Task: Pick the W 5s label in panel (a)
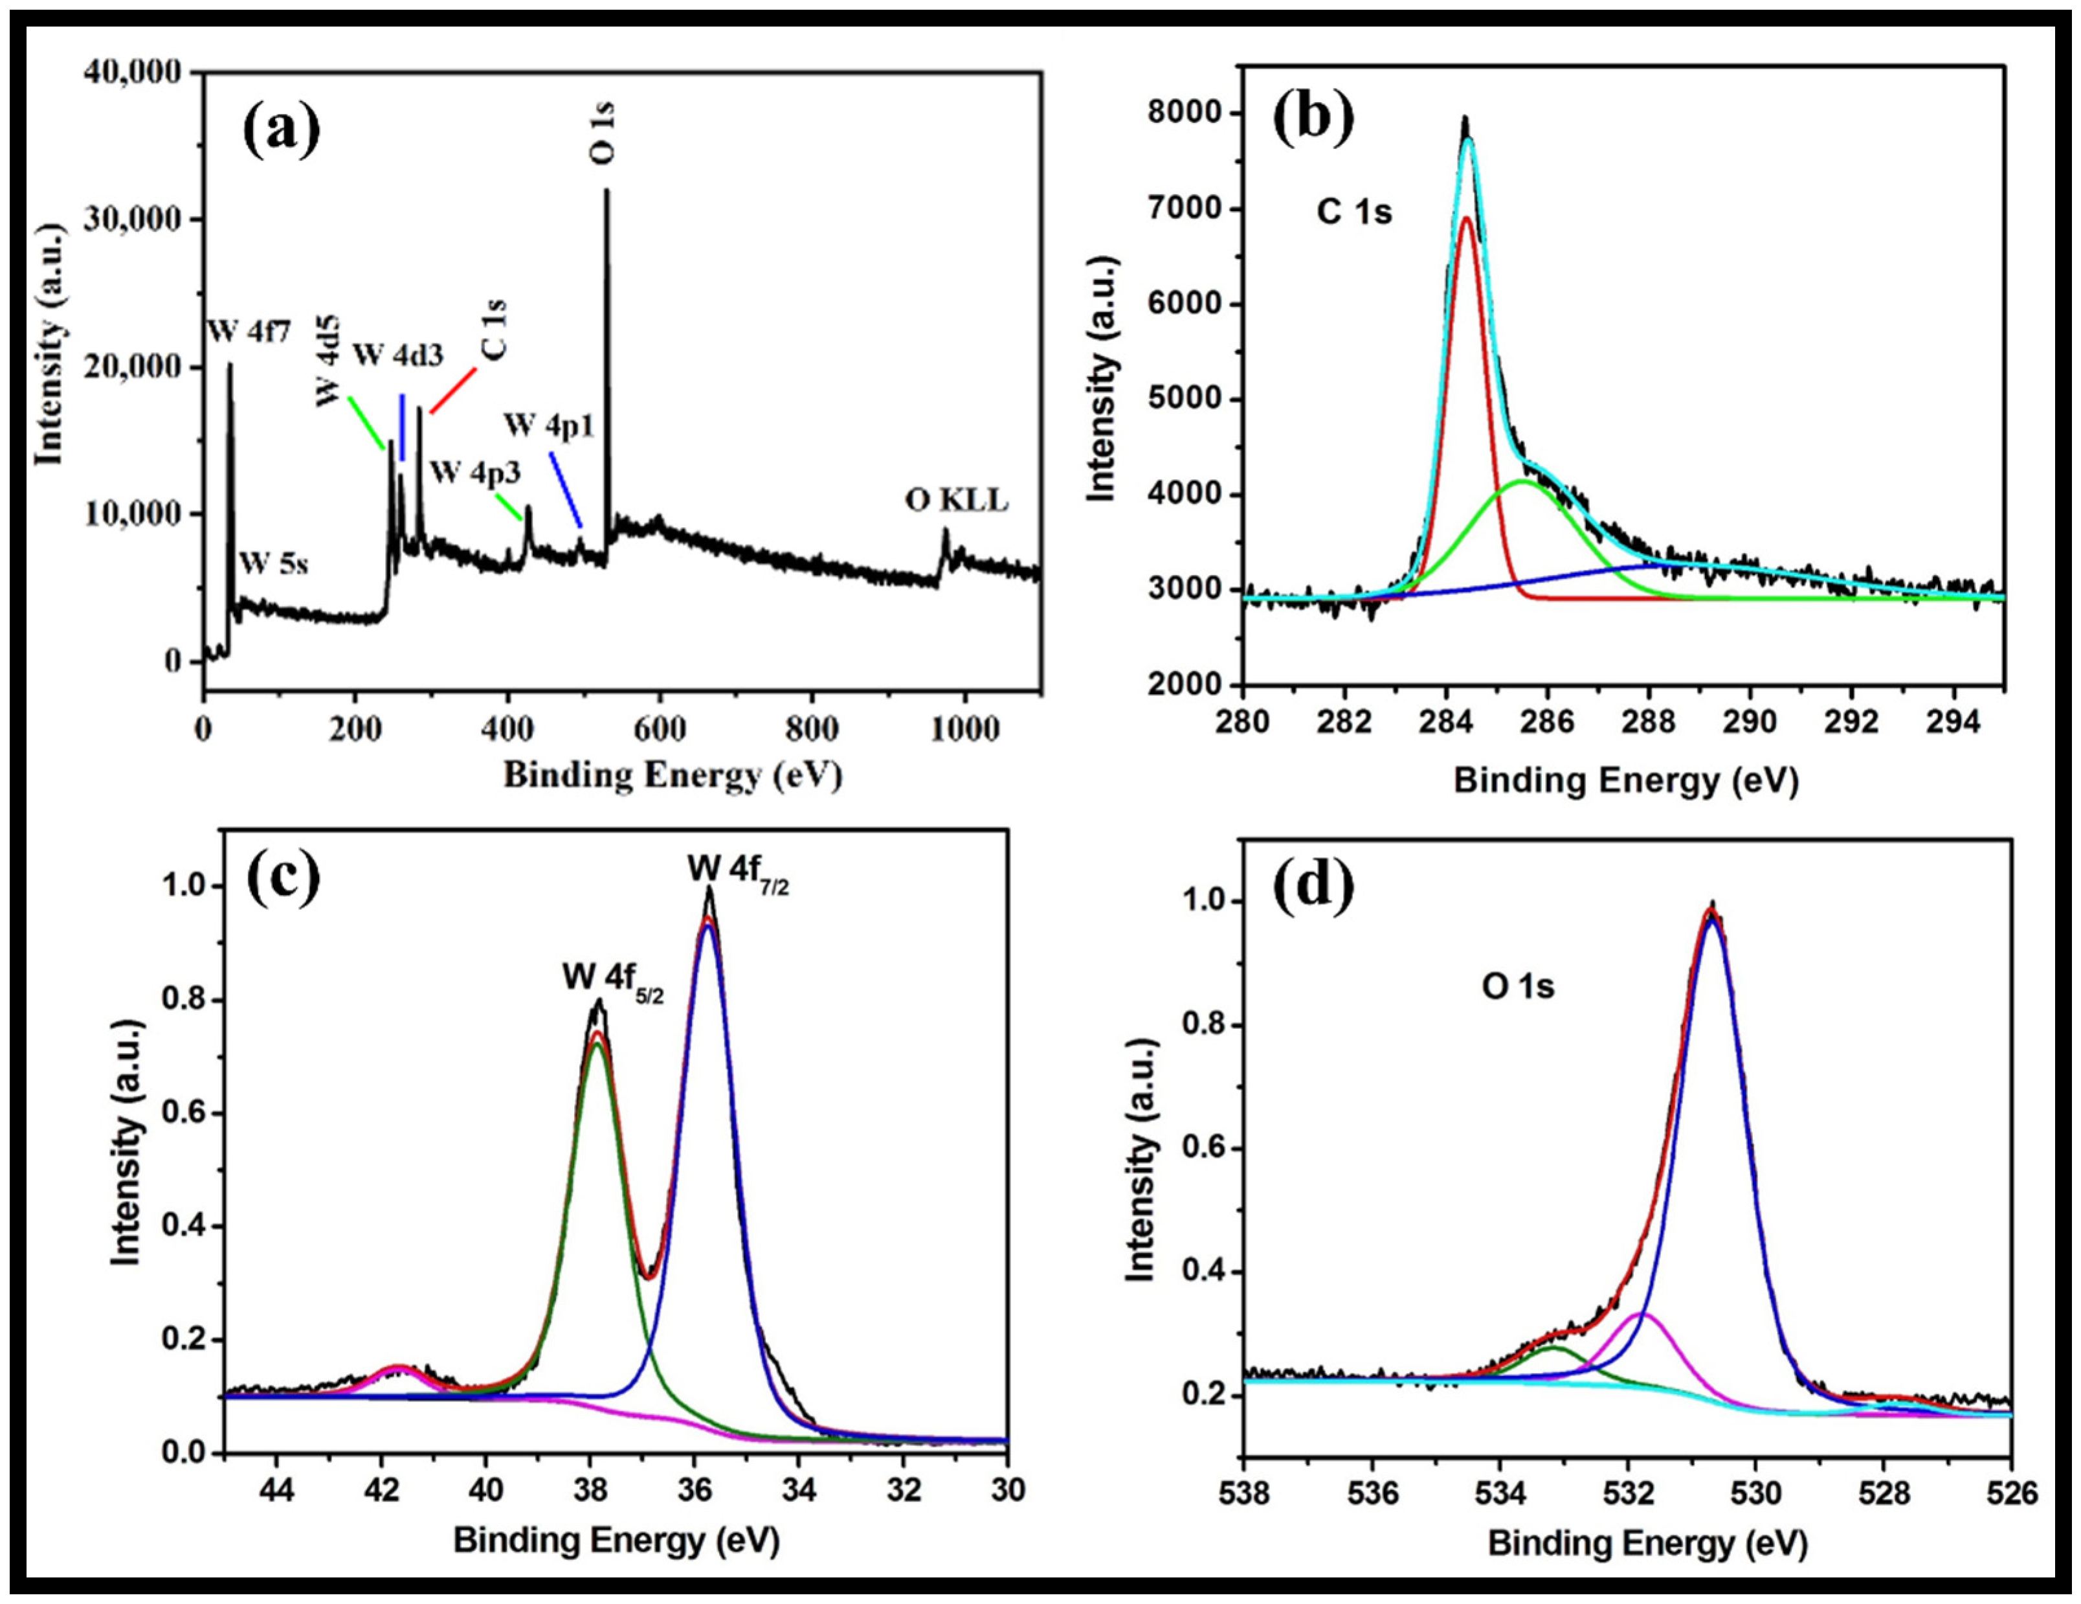pyautogui.click(x=273, y=563)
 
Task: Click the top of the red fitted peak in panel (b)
pyautogui.click(x=1467, y=218)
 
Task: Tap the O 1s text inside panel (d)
pyautogui.click(x=1517, y=986)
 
